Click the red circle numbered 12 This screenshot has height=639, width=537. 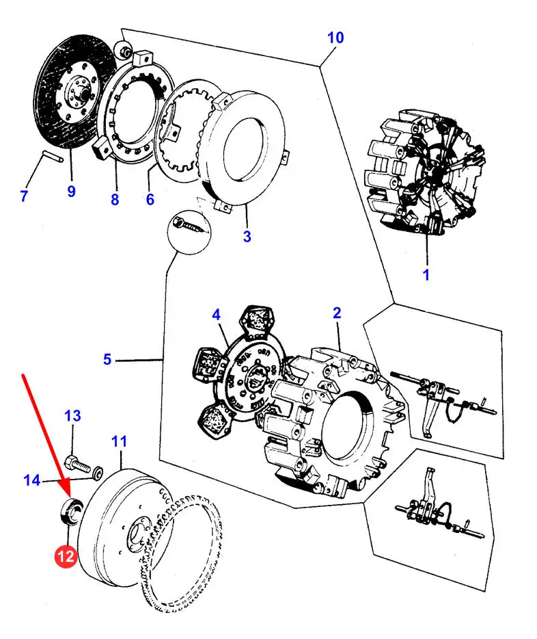coord(66,556)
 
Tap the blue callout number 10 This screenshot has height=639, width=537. coord(335,38)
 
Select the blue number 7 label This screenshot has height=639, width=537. coord(24,196)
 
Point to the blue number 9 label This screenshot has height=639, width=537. coord(71,191)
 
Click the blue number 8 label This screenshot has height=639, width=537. coord(115,199)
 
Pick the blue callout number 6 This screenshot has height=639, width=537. coord(150,199)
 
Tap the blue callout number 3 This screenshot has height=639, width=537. coord(247,236)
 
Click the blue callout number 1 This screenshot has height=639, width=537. coord(426,275)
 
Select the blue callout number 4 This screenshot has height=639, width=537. coord(216,315)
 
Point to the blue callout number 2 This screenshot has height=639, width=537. coord(337,313)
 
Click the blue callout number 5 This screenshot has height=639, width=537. coord(107,359)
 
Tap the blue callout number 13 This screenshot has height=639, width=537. coord(73,416)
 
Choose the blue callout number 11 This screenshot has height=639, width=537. coord(119,441)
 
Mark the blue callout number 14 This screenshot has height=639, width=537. coord(31,480)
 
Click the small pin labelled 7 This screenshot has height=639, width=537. coord(53,156)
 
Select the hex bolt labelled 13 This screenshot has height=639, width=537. coord(80,465)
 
